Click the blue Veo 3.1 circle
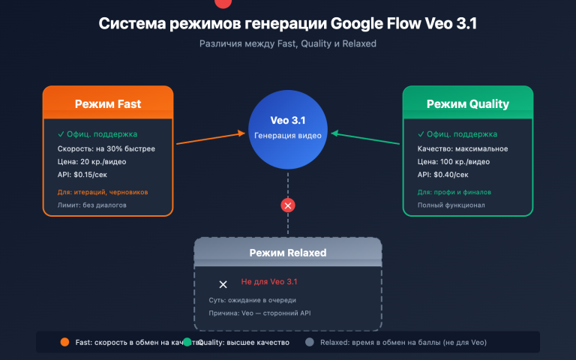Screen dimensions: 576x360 pyautogui.click(x=288, y=127)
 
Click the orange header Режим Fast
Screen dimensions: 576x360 pyautogui.click(x=108, y=103)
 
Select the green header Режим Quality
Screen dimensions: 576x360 pyautogui.click(x=467, y=103)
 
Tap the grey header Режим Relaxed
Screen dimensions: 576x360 pyautogui.click(x=288, y=253)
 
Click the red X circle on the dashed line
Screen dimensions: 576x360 pyautogui.click(x=288, y=205)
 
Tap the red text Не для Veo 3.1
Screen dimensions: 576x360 pyautogui.click(x=269, y=282)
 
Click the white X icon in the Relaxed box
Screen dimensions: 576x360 pyautogui.click(x=223, y=284)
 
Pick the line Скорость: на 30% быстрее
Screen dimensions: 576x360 pyautogui.click(x=106, y=148)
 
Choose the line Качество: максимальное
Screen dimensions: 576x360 pyautogui.click(x=463, y=148)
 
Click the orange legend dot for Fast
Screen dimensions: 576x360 pyautogui.click(x=64, y=342)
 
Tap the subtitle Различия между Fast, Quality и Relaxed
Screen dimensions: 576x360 pyautogui.click(x=288, y=44)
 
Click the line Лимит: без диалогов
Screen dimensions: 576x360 pyautogui.click(x=92, y=205)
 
